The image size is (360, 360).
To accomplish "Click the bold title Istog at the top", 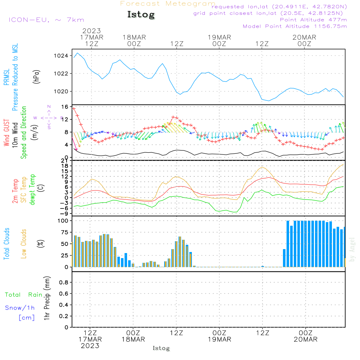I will [141, 15].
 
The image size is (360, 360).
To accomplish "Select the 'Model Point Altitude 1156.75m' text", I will [295, 26].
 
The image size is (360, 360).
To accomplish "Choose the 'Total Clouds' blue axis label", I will [7, 244].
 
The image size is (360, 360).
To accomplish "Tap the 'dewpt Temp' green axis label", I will [32, 190].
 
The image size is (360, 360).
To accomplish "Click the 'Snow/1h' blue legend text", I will [20, 308].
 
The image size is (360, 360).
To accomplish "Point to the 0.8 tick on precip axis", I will [63, 283].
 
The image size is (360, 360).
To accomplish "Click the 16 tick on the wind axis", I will [64, 107].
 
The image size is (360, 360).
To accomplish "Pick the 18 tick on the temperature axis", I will [64, 166].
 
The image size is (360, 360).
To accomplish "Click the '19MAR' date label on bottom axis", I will [219, 339].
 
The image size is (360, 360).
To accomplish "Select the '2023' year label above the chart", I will [91, 31].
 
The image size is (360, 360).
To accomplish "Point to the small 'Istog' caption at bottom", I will [161, 348].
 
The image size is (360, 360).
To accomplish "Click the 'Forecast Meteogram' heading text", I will [167, 4].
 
